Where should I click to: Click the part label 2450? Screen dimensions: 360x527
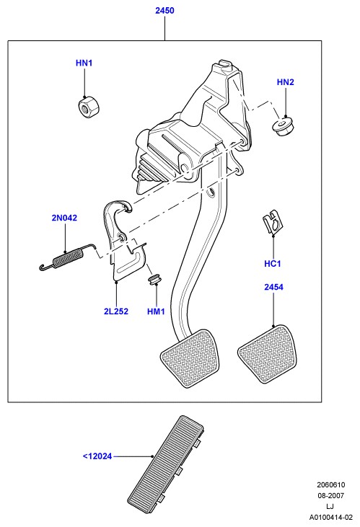coord(164,11)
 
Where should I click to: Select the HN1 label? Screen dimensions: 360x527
coord(84,63)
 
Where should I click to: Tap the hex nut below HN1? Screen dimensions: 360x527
coord(89,106)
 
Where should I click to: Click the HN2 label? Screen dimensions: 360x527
coord(285,82)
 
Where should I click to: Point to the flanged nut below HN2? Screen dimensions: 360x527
coord(282,126)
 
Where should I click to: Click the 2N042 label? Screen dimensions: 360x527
coord(64,218)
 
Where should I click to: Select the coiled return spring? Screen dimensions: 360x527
coord(66,257)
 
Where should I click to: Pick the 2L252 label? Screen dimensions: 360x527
coord(115,311)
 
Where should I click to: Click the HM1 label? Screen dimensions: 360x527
coord(156,311)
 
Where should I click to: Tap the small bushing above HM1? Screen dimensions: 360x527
coord(155,279)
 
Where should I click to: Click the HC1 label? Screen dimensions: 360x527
coord(272,264)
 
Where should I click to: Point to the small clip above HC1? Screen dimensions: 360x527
coord(273,223)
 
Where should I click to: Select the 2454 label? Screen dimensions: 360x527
coord(273,287)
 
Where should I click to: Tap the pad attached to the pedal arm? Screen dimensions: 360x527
coord(190,358)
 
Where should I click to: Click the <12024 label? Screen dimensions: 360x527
coord(97,456)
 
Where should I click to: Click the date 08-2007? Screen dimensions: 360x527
coord(330,495)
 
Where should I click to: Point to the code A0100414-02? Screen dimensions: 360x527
coord(331,517)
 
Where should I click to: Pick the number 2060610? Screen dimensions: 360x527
coord(330,485)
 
